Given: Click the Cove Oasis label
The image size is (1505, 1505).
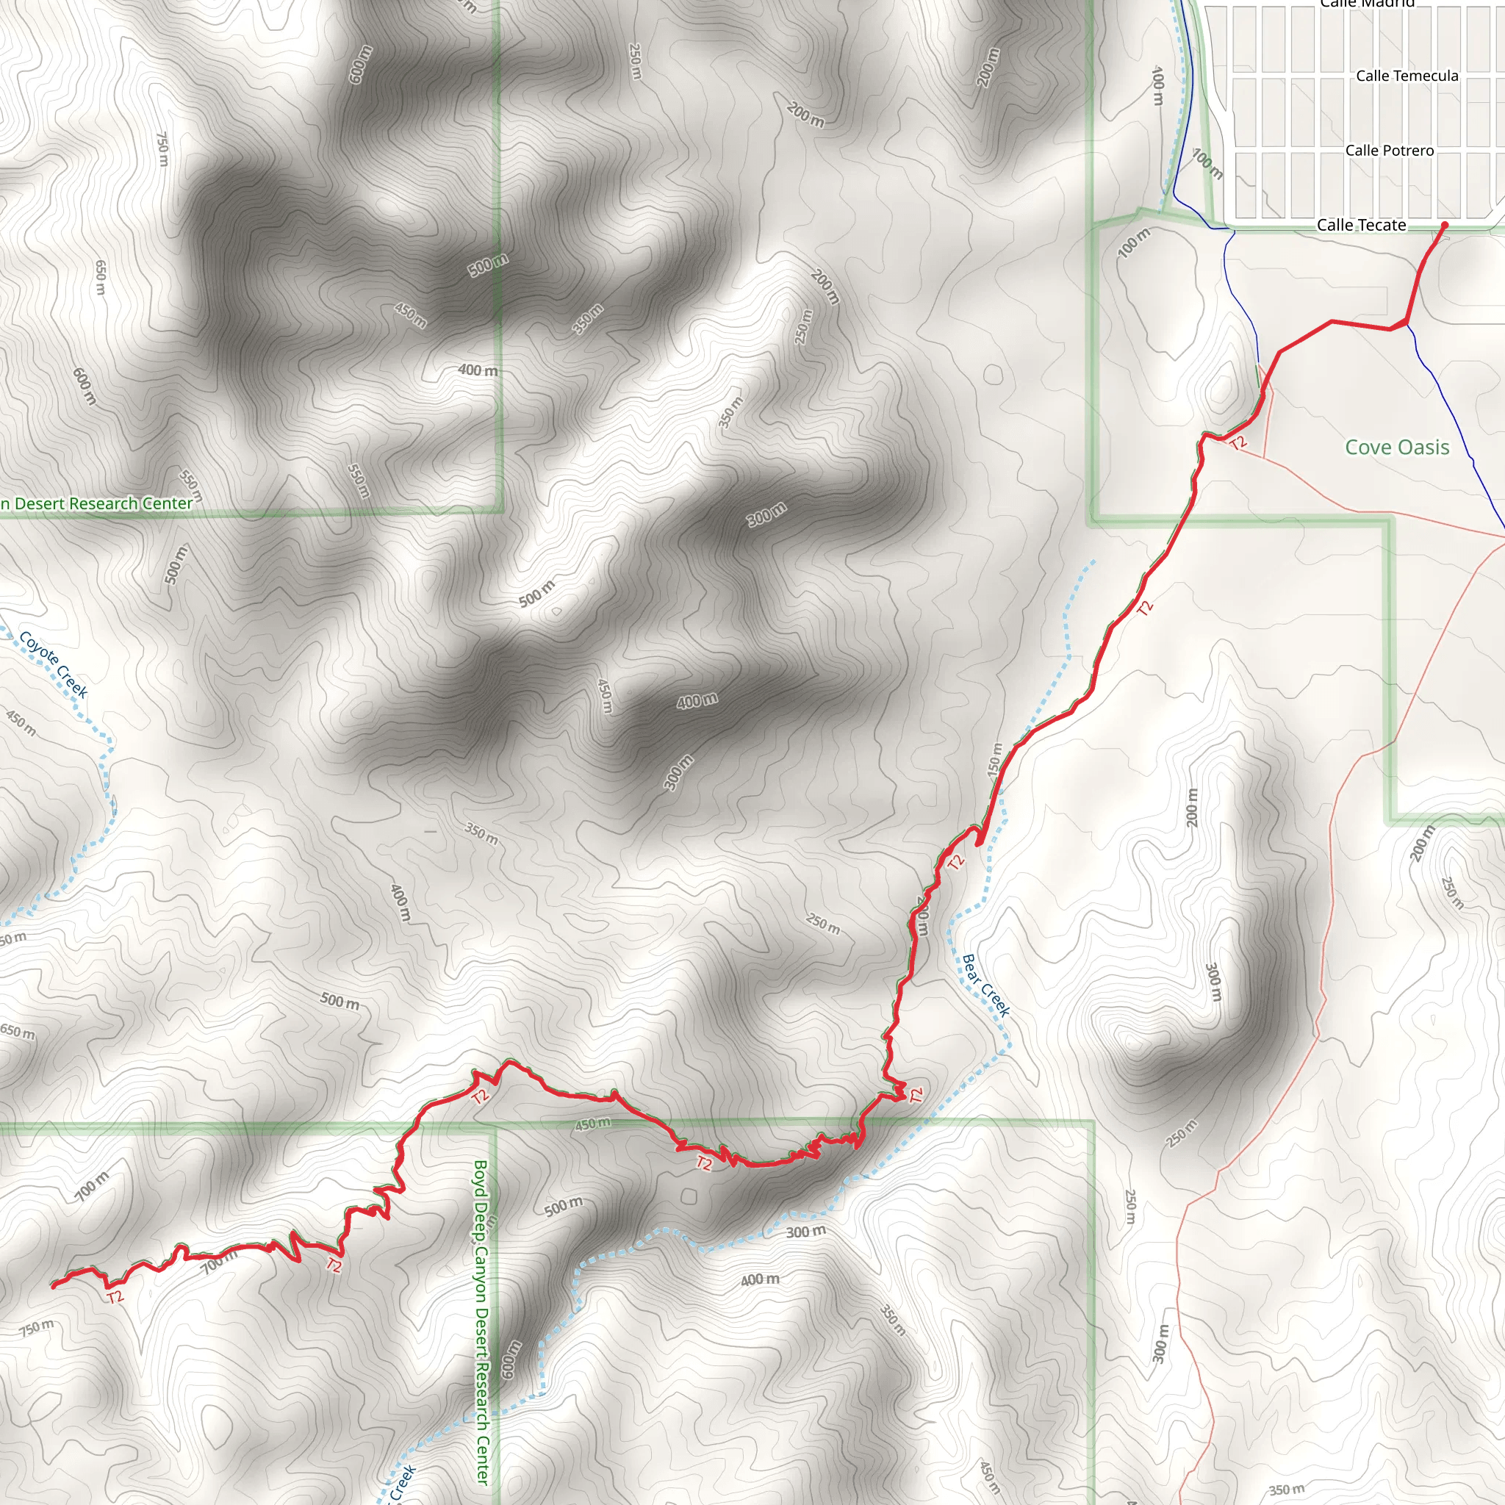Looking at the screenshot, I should (1397, 447).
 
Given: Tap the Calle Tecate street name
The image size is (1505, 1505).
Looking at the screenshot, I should (1361, 225).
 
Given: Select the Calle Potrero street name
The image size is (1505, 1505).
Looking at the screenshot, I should (1389, 151).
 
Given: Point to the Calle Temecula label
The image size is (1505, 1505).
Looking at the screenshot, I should (1407, 76).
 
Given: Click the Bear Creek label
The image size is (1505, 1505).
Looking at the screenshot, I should (985, 985).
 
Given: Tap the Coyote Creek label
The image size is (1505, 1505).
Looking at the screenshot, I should (53, 664).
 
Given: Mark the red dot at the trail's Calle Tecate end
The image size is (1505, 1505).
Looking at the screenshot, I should (1444, 225).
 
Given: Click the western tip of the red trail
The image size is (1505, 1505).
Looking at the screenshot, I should (53, 1285).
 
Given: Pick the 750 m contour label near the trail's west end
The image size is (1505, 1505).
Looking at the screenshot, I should (37, 1327).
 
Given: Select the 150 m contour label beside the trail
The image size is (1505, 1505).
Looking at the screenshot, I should (995, 758).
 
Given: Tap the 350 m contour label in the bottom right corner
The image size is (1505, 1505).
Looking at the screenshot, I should (1286, 1490).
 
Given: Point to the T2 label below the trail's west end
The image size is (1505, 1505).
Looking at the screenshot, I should (115, 1297).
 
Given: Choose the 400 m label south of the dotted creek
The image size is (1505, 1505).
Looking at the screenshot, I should (760, 1279).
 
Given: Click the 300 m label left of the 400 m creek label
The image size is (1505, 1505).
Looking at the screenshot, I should (805, 1232).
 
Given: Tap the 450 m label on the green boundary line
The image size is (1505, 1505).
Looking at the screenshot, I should (593, 1124).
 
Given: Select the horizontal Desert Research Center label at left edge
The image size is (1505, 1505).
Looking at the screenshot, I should (96, 504).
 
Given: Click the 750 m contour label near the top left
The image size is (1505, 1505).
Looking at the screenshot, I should (162, 148).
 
